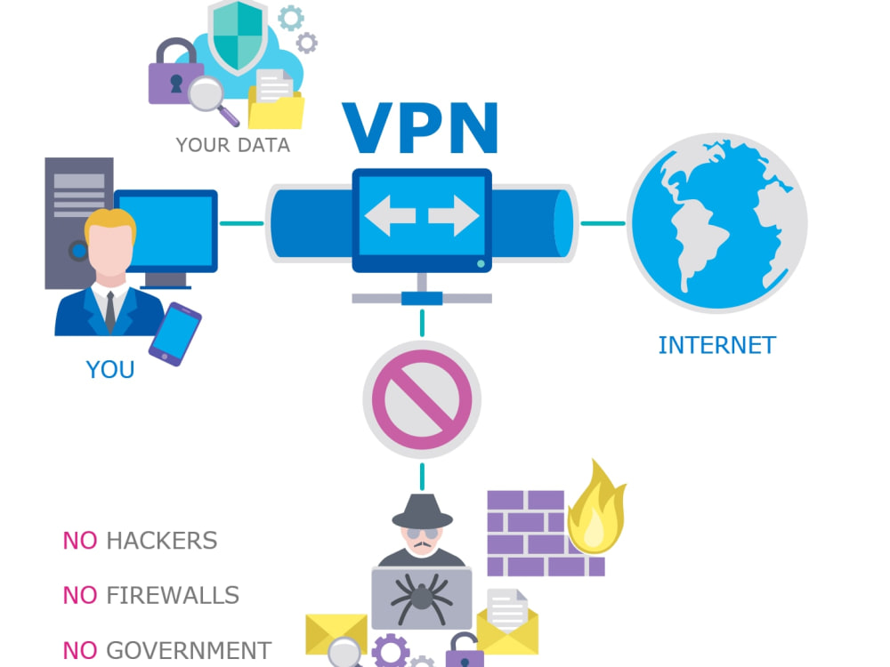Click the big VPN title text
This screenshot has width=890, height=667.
click(x=421, y=128)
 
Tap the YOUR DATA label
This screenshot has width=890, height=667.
click(x=232, y=145)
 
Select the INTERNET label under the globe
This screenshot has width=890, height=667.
click(x=716, y=345)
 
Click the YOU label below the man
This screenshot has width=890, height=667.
click(x=110, y=370)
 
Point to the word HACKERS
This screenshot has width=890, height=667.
click(x=162, y=541)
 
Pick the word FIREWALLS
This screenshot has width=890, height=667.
click(x=173, y=596)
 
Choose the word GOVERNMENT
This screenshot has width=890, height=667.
click(x=189, y=650)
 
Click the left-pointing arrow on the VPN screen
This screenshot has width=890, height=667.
click(x=391, y=215)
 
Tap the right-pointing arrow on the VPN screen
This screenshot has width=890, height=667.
click(x=454, y=215)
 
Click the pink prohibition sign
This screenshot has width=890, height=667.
click(x=422, y=399)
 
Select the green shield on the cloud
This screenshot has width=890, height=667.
click(x=238, y=36)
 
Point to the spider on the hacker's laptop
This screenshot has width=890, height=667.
click(x=421, y=598)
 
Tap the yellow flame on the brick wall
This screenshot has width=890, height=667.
click(x=596, y=510)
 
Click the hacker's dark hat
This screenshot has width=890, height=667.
click(x=422, y=511)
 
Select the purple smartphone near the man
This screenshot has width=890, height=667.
click(x=174, y=334)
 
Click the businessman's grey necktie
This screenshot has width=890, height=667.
click(x=110, y=311)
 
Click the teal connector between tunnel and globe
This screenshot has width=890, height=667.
click(x=603, y=223)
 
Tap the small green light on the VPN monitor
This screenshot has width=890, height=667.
click(x=481, y=264)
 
